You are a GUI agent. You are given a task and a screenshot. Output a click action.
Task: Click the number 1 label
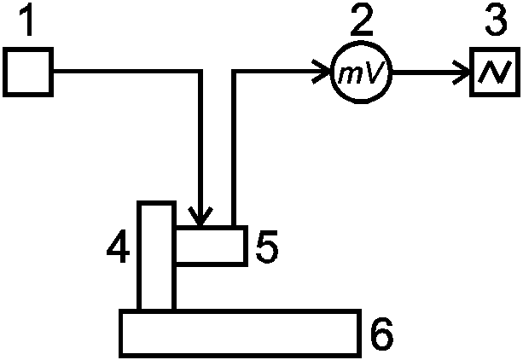[x=28, y=20]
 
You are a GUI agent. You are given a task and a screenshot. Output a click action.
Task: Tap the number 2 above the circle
[x=362, y=20]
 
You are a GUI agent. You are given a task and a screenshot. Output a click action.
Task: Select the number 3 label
[x=497, y=20]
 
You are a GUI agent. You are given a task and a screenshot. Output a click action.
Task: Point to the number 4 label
[x=119, y=246]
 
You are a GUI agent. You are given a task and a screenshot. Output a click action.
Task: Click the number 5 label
[x=267, y=247]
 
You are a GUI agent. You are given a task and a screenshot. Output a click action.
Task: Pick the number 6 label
[x=382, y=334]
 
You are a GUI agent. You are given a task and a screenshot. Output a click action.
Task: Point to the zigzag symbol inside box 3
[x=495, y=72]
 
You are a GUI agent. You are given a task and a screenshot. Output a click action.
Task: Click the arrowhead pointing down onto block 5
[x=200, y=216]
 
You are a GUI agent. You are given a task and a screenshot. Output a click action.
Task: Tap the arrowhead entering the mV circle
[x=321, y=72]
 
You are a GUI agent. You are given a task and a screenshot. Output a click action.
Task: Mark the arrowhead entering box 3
[x=462, y=72]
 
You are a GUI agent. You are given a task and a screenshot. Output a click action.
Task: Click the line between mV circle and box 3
[x=431, y=72]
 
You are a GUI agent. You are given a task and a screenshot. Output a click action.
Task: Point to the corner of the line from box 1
[x=200, y=72]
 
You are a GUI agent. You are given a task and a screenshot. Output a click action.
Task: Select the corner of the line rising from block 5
[x=234, y=72]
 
